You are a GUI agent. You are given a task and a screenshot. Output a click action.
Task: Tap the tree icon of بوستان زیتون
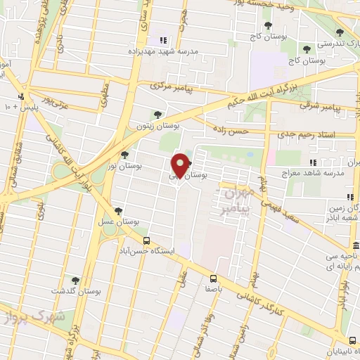(x=157, y=115)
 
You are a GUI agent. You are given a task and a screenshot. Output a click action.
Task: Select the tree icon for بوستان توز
(x=124, y=155)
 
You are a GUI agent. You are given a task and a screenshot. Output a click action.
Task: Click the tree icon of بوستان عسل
(x=117, y=210)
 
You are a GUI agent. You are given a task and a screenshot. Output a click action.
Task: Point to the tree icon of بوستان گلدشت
(x=75, y=281)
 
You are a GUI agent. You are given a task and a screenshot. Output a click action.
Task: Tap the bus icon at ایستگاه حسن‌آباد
(x=136, y=240)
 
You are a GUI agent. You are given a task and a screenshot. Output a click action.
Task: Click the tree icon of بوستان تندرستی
(x=340, y=32)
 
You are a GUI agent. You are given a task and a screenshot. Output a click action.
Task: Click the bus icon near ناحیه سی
(x=356, y=246)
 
